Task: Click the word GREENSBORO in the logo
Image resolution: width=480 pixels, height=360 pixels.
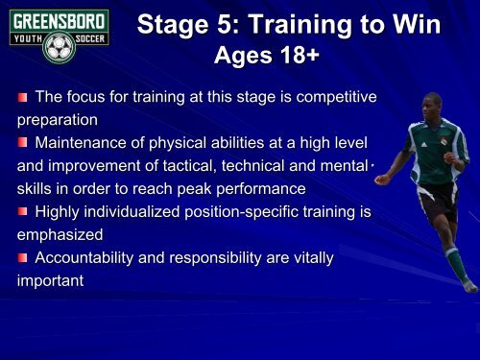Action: tap(55, 18)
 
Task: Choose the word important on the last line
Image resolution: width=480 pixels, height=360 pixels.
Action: tap(49, 282)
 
